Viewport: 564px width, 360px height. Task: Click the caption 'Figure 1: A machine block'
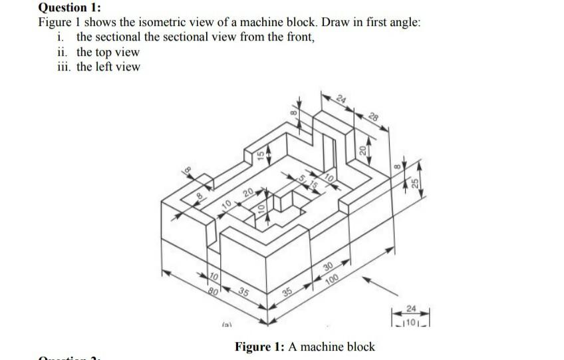pyautogui.click(x=305, y=347)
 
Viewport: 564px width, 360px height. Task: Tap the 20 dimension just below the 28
pyautogui.click(x=363, y=151)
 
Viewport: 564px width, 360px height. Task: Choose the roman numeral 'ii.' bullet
pyautogui.click(x=64, y=52)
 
